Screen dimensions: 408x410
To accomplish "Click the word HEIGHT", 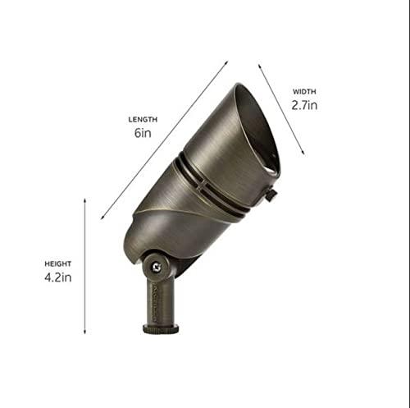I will [57, 264].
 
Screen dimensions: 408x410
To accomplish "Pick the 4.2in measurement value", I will [57, 279].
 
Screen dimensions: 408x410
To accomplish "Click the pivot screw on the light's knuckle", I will [153, 265].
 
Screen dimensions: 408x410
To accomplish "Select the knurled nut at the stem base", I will [161, 328].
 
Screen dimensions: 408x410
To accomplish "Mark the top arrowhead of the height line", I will [85, 199].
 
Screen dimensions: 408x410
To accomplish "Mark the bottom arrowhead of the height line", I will [85, 332].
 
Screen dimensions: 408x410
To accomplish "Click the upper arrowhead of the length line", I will [225, 62].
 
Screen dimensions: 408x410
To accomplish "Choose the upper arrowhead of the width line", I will [260, 65].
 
